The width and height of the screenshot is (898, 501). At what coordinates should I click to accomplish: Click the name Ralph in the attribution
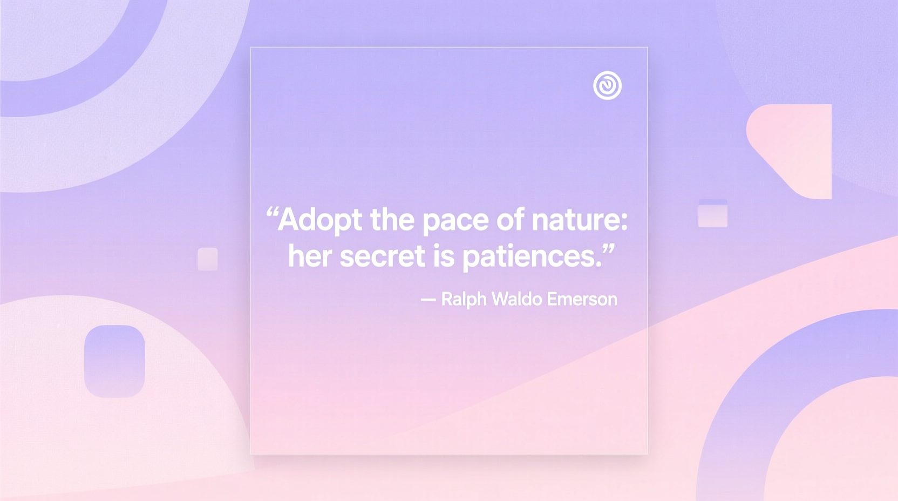click(464, 299)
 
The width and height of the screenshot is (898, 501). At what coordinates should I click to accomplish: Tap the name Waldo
click(516, 299)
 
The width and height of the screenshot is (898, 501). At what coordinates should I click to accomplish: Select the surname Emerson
click(582, 299)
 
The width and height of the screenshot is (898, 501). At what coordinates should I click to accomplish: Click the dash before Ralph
click(428, 300)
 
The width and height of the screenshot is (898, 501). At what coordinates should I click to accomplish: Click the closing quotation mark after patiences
click(609, 249)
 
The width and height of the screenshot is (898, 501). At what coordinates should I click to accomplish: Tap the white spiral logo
click(607, 85)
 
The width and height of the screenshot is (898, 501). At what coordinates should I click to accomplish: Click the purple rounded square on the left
click(114, 361)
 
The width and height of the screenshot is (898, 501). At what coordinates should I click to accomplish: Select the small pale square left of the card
click(208, 259)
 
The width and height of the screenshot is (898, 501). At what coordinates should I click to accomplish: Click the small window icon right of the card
click(713, 213)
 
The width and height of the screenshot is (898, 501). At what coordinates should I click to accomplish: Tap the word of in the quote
click(510, 220)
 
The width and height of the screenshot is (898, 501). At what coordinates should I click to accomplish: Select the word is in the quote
click(444, 256)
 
